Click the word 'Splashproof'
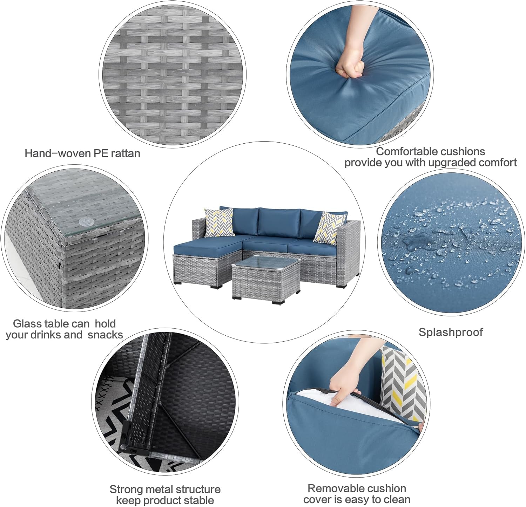(x=451, y=332)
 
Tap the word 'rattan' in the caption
(x=125, y=153)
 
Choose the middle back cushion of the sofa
(x=279, y=222)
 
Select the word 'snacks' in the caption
(x=105, y=335)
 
